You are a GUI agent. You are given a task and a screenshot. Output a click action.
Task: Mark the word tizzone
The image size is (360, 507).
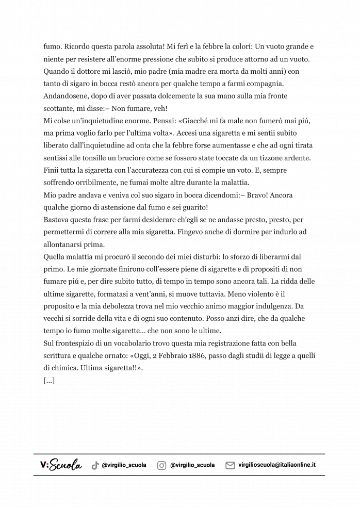[x=278, y=158]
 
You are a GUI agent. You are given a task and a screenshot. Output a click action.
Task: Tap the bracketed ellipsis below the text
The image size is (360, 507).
[x=50, y=381]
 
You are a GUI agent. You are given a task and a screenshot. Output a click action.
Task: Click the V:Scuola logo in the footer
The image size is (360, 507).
[x=61, y=465]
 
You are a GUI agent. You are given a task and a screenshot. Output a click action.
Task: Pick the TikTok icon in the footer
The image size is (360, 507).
[x=95, y=465]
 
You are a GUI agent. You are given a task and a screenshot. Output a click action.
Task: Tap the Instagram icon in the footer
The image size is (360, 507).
[x=161, y=465]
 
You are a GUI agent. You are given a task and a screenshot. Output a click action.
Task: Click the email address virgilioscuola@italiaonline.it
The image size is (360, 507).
[x=277, y=465]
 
